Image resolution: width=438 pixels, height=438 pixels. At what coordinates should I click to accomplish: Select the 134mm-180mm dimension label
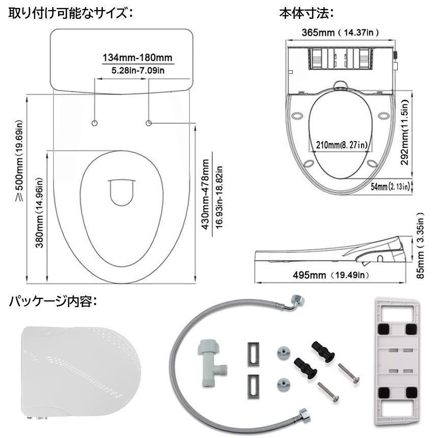coord(138,57)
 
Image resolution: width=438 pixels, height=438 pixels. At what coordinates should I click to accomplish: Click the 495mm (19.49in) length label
coord(330,276)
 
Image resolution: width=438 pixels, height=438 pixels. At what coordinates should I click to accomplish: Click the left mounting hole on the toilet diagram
coord(95,123)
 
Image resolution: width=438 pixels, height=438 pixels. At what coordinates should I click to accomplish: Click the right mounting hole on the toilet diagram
coord(149,123)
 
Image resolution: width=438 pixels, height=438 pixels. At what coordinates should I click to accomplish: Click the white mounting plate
coord(396,361)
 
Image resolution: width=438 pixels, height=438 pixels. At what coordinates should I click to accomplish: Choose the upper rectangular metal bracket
coord(252,352)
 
